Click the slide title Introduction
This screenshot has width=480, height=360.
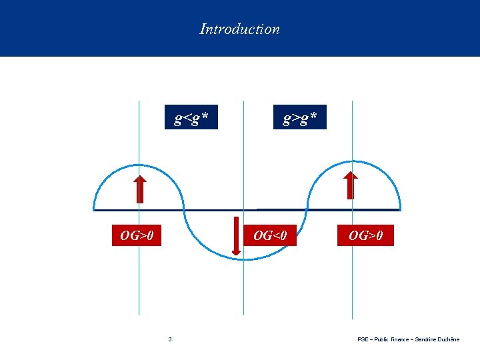[x=239, y=29]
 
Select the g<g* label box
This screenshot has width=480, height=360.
[x=191, y=119]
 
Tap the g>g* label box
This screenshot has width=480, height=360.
[x=300, y=119]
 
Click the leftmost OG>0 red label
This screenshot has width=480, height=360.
[x=137, y=235]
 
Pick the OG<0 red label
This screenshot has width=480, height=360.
[x=270, y=235]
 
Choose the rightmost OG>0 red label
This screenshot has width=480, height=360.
[x=365, y=235]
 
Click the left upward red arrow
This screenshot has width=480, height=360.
[x=139, y=188]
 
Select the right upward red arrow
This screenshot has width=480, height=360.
[x=351, y=186]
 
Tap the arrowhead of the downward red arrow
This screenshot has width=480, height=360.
[x=236, y=251]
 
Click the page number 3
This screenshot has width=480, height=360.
[x=170, y=339]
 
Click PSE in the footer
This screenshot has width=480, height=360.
[x=363, y=339]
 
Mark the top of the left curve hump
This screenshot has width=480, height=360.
[x=139, y=165]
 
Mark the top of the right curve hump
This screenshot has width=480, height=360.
[x=352, y=165]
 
